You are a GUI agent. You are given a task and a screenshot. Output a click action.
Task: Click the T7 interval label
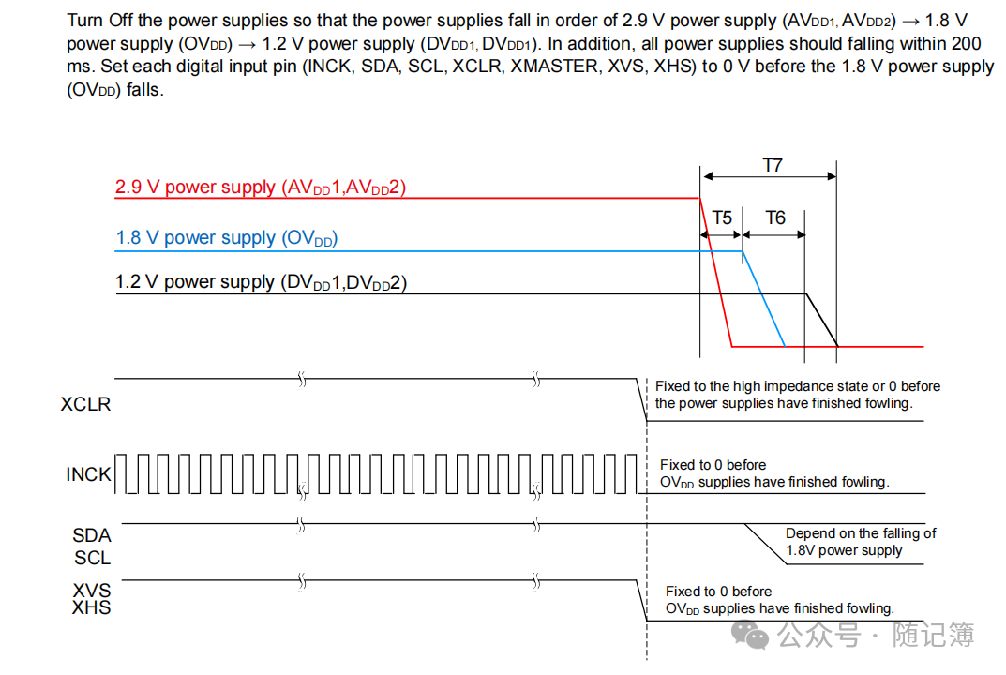[772, 165]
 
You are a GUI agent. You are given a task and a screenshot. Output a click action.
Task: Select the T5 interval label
[721, 218]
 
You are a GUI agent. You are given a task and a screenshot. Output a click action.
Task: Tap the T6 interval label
[774, 218]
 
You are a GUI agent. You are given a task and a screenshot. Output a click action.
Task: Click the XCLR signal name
[85, 405]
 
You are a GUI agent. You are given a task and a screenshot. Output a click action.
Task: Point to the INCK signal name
[88, 474]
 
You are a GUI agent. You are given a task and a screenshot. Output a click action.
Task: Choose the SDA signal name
[92, 535]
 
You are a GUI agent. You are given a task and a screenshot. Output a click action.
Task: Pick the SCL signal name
[92, 558]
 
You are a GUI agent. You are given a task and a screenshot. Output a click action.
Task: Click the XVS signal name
[92, 591]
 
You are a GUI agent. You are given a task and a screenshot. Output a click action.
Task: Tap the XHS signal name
[92, 608]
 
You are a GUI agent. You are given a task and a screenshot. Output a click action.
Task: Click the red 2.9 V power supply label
[260, 187]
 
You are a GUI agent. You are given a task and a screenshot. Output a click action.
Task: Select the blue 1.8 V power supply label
[226, 238]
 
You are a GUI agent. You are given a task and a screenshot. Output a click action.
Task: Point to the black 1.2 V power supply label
[261, 282]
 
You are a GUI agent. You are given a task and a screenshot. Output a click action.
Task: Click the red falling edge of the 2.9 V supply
[716, 272]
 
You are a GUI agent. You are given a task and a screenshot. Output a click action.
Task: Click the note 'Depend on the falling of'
[861, 533]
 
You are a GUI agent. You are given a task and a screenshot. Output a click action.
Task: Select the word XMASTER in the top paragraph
[555, 67]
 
